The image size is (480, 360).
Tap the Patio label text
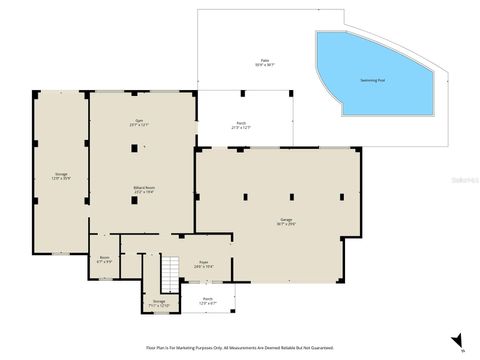coord(265,61)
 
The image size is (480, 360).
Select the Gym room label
coord(139,120)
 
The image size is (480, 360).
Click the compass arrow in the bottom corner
coord(457,341)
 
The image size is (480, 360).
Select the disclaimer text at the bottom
coord(240,347)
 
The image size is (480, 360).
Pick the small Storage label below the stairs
coord(159,300)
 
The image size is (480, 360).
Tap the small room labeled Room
coord(104,257)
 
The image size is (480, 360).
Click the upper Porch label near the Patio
coord(240,124)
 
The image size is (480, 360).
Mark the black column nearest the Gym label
coord(134,147)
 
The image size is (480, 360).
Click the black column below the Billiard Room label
coord(134,201)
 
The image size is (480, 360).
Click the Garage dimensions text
coord(286,224)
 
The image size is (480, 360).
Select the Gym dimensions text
coord(139,125)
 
